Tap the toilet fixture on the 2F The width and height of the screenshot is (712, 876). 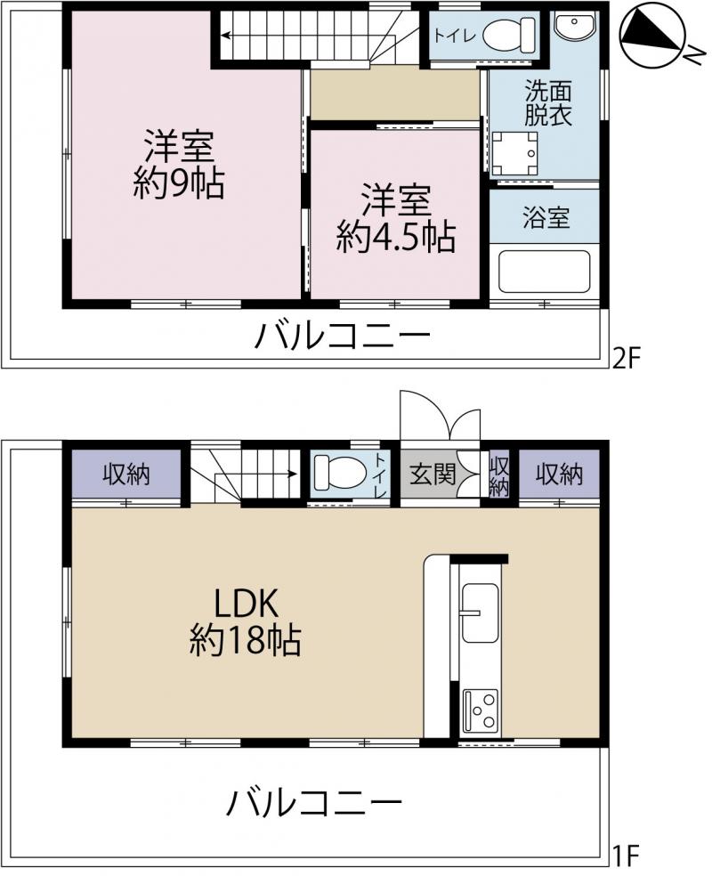pos(508,35)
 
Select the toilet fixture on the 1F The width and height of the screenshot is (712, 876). pos(339,473)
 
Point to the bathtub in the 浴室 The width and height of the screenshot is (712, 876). pos(544,272)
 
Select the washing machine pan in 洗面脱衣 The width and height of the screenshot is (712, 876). pos(515,152)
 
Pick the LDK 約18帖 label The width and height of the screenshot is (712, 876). pos(245,621)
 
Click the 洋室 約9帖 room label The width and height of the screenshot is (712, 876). pos(179,164)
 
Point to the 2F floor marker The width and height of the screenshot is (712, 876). pos(625,358)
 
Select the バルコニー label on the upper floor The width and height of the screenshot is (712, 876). pos(343,337)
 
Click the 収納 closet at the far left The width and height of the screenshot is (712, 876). pos(126,474)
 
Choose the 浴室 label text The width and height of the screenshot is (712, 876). pos(546,217)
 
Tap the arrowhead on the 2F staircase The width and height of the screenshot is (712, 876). pos(224,36)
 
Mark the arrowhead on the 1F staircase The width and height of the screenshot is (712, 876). pos(292,474)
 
